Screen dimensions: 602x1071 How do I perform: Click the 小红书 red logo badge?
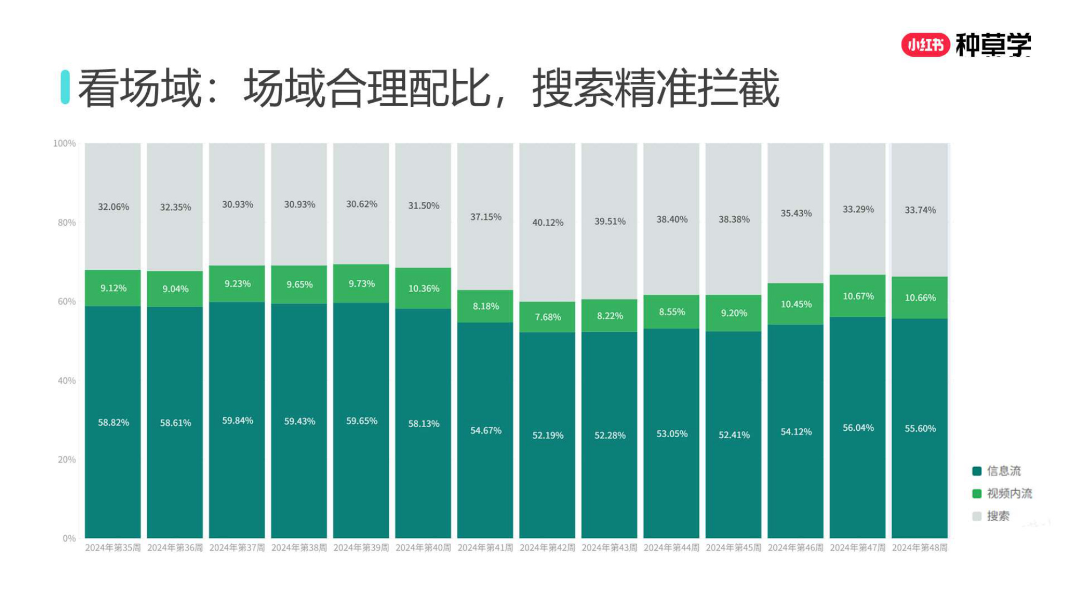coord(925,45)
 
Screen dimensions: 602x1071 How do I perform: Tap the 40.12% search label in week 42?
coord(547,223)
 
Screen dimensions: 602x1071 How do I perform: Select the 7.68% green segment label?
coord(547,317)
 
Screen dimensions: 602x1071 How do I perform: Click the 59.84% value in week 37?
coord(237,421)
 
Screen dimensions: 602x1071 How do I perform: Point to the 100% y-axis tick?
coord(64,143)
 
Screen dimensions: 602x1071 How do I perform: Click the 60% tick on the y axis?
coord(66,302)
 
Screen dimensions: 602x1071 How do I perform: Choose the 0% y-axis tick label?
coord(69,538)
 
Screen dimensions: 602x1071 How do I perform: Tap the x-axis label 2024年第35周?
coord(112,548)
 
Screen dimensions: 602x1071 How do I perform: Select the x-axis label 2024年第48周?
coord(919,548)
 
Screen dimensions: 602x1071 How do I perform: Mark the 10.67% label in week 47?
coord(858,296)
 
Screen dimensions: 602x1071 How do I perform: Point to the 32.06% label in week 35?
coord(113,207)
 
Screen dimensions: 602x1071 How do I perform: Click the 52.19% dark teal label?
coord(547,436)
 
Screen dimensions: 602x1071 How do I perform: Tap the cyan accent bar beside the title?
coord(65,87)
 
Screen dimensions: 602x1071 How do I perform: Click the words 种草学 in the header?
coord(993,45)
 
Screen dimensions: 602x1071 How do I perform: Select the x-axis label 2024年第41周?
coord(485,548)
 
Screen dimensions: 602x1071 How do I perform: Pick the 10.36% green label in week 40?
coord(424,289)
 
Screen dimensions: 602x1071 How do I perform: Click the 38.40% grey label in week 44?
coord(672,219)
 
